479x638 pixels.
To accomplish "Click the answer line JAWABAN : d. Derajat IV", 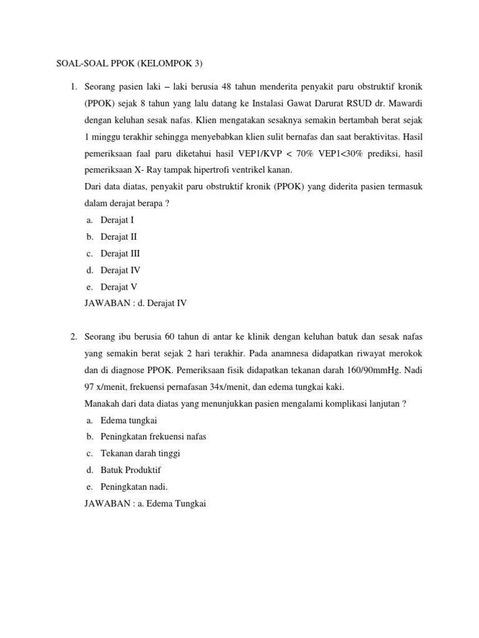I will coord(135,303).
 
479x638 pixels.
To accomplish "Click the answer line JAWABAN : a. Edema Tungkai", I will coord(145,504).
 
